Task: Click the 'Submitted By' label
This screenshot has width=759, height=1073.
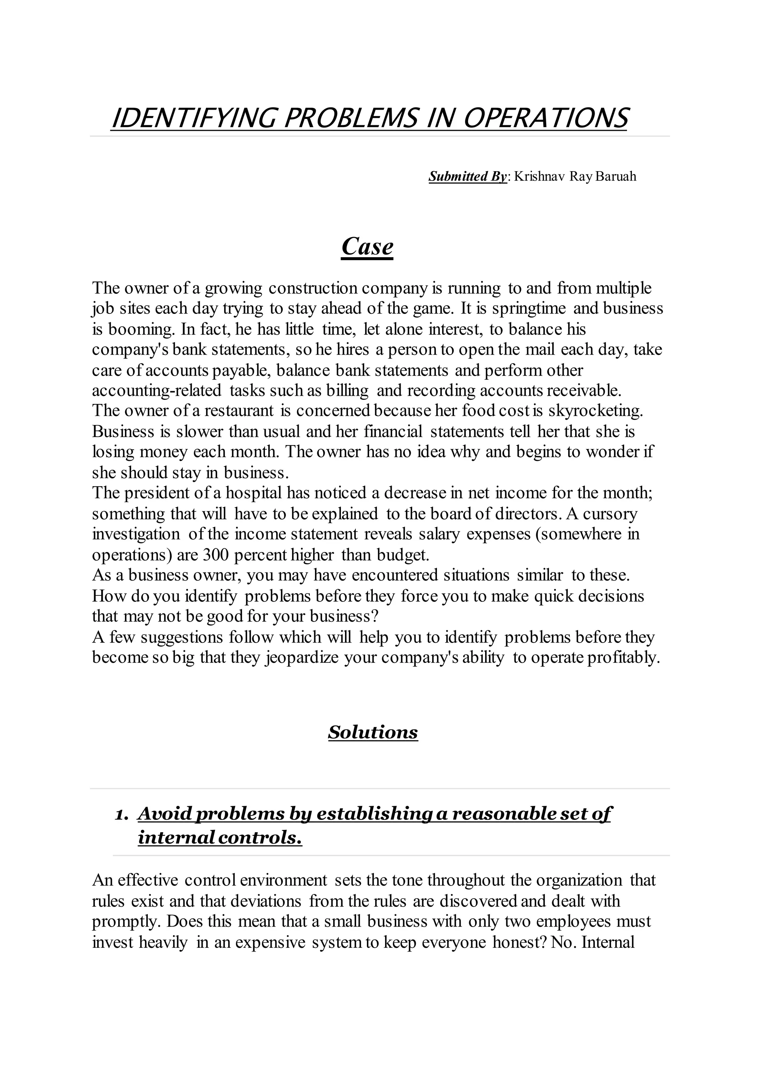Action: tap(467, 177)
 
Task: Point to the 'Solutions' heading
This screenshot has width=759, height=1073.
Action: tap(372, 732)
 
